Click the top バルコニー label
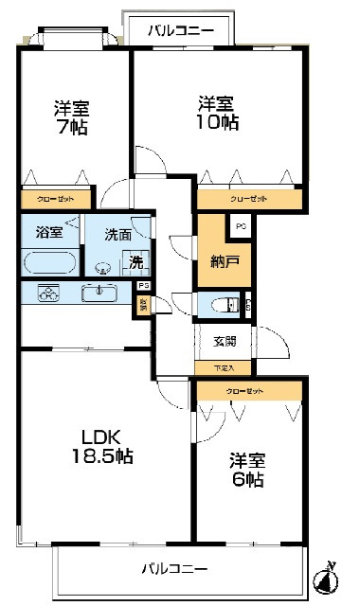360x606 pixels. (x=180, y=31)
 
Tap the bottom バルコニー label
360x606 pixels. (x=174, y=569)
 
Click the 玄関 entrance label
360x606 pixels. (x=225, y=342)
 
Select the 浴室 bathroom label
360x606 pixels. (x=48, y=231)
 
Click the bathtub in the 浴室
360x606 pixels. (x=48, y=262)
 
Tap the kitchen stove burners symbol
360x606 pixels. (x=47, y=294)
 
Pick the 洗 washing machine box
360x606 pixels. (x=136, y=263)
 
